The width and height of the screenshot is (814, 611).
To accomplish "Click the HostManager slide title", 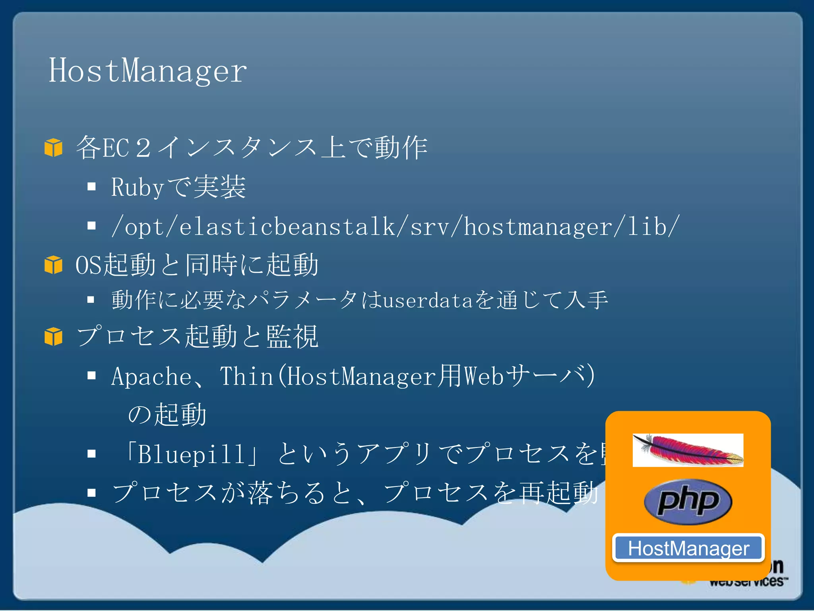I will click(147, 71).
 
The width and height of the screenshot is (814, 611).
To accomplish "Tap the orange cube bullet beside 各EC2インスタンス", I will click(53, 148).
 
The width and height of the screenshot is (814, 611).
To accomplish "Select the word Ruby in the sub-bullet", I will click(138, 187).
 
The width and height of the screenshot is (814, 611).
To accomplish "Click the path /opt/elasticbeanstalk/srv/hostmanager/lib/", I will click(395, 226).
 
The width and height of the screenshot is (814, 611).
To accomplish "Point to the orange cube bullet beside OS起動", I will click(53, 265).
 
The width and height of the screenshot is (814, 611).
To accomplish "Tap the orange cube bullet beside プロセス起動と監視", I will click(53, 337).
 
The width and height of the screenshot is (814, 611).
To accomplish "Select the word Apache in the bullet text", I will click(151, 376).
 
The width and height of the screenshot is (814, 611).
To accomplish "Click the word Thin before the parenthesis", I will click(246, 376).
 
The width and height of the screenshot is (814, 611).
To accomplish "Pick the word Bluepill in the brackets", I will click(191, 454).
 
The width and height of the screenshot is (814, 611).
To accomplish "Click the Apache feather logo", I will click(688, 450).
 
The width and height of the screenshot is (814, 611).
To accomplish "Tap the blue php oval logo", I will click(688, 501).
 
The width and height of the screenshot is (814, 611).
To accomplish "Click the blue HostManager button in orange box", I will click(688, 548).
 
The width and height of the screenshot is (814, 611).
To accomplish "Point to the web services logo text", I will click(747, 581).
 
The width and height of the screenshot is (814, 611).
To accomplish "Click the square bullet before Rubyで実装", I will click(92, 187).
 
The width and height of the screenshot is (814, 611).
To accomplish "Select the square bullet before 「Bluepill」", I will click(92, 453).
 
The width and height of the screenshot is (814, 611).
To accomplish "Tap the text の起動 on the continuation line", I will click(167, 414).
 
